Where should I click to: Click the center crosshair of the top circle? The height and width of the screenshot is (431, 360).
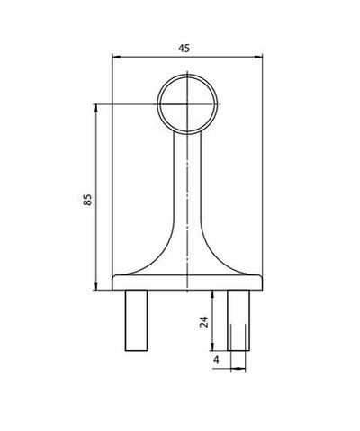coord(187,105)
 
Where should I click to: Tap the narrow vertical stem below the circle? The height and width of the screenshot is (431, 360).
coord(187,180)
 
